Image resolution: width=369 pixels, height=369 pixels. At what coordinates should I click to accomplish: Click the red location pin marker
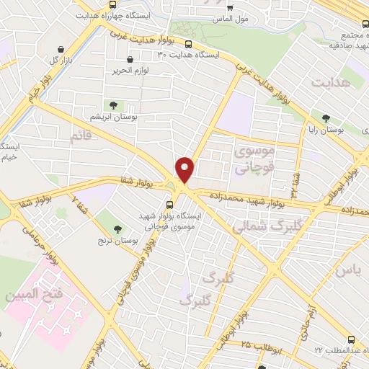tap(185, 169)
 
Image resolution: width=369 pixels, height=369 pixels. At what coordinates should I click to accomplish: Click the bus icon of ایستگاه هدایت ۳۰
tap(129, 60)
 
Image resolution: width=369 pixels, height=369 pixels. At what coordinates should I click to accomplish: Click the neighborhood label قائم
tap(81, 135)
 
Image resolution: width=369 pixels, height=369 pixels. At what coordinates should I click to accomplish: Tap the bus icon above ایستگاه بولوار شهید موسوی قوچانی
tap(169, 203)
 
